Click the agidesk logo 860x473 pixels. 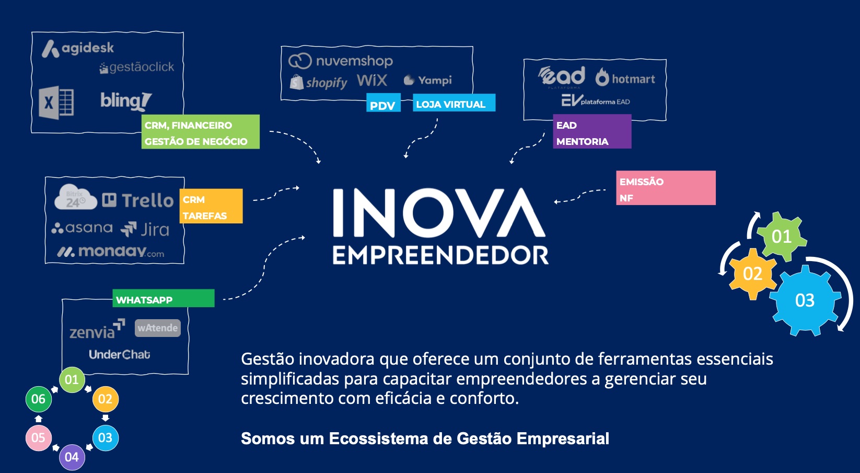(x=77, y=49)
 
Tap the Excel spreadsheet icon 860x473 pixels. (x=56, y=102)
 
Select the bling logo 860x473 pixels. (x=126, y=102)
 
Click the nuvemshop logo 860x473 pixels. (x=341, y=61)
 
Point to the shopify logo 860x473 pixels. (x=318, y=82)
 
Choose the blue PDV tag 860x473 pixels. (x=383, y=103)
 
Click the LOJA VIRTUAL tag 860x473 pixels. (x=454, y=103)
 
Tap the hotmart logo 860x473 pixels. (x=625, y=77)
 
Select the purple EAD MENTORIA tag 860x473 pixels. (x=592, y=131)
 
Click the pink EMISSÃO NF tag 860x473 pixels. (x=666, y=188)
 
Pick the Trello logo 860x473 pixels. (x=138, y=200)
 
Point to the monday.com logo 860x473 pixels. (x=111, y=252)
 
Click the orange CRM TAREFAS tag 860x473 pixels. (x=211, y=206)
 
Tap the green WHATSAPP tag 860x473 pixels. (x=163, y=298)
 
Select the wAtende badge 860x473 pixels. (x=157, y=328)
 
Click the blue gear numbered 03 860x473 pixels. (x=805, y=300)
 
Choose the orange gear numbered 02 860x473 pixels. (x=752, y=274)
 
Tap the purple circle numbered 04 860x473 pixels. (x=72, y=457)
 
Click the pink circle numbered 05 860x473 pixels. (x=38, y=438)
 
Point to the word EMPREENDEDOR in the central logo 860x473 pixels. (x=440, y=255)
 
